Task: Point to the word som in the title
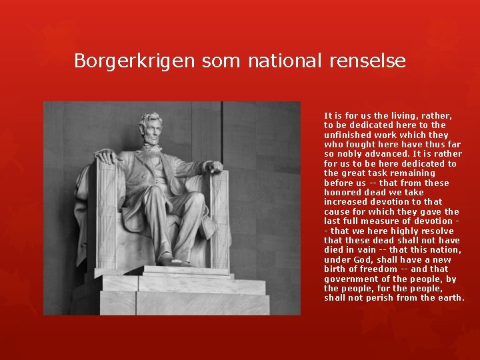[221, 61]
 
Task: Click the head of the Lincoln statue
[151, 127]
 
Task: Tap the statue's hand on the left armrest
[106, 157]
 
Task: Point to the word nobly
[351, 154]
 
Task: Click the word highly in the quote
[403, 231]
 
